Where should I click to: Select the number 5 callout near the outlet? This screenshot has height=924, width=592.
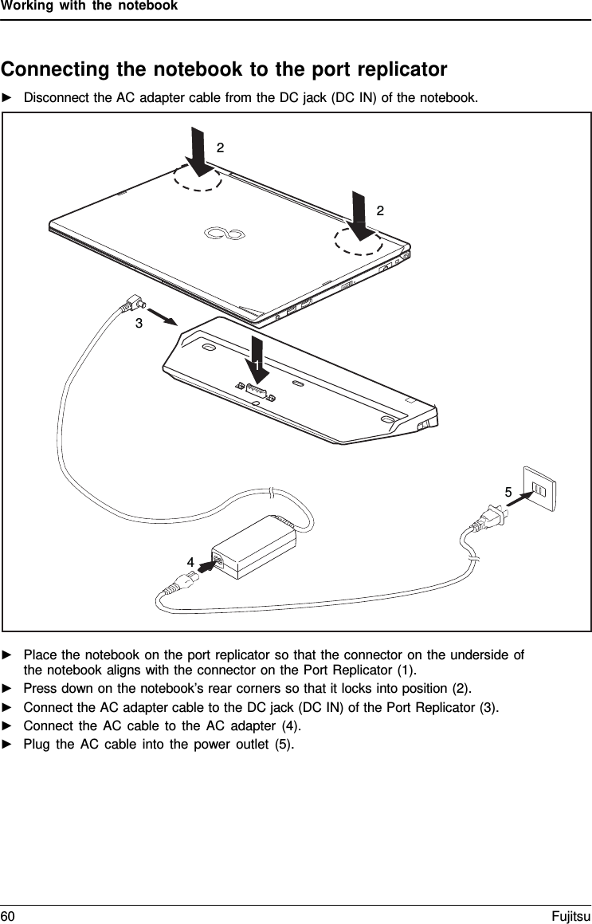tap(508, 492)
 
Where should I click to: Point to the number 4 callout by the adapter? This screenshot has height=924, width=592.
tap(190, 561)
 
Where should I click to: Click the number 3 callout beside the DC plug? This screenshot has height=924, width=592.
tap(139, 323)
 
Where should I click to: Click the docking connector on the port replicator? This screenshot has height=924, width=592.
tap(255, 391)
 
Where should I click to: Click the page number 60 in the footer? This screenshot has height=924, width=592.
tap(7, 913)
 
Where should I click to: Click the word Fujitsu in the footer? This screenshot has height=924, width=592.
tap(572, 913)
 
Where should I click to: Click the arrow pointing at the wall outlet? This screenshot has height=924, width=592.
tap(521, 501)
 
